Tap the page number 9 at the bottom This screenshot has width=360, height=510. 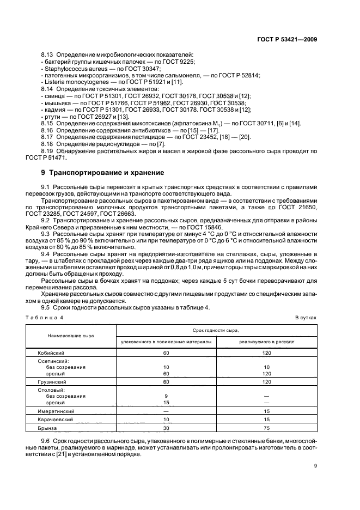point(316,465)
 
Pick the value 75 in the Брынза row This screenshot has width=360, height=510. point(267,428)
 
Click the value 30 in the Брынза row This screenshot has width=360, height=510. point(166,428)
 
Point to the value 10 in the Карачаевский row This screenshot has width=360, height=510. point(166,420)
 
